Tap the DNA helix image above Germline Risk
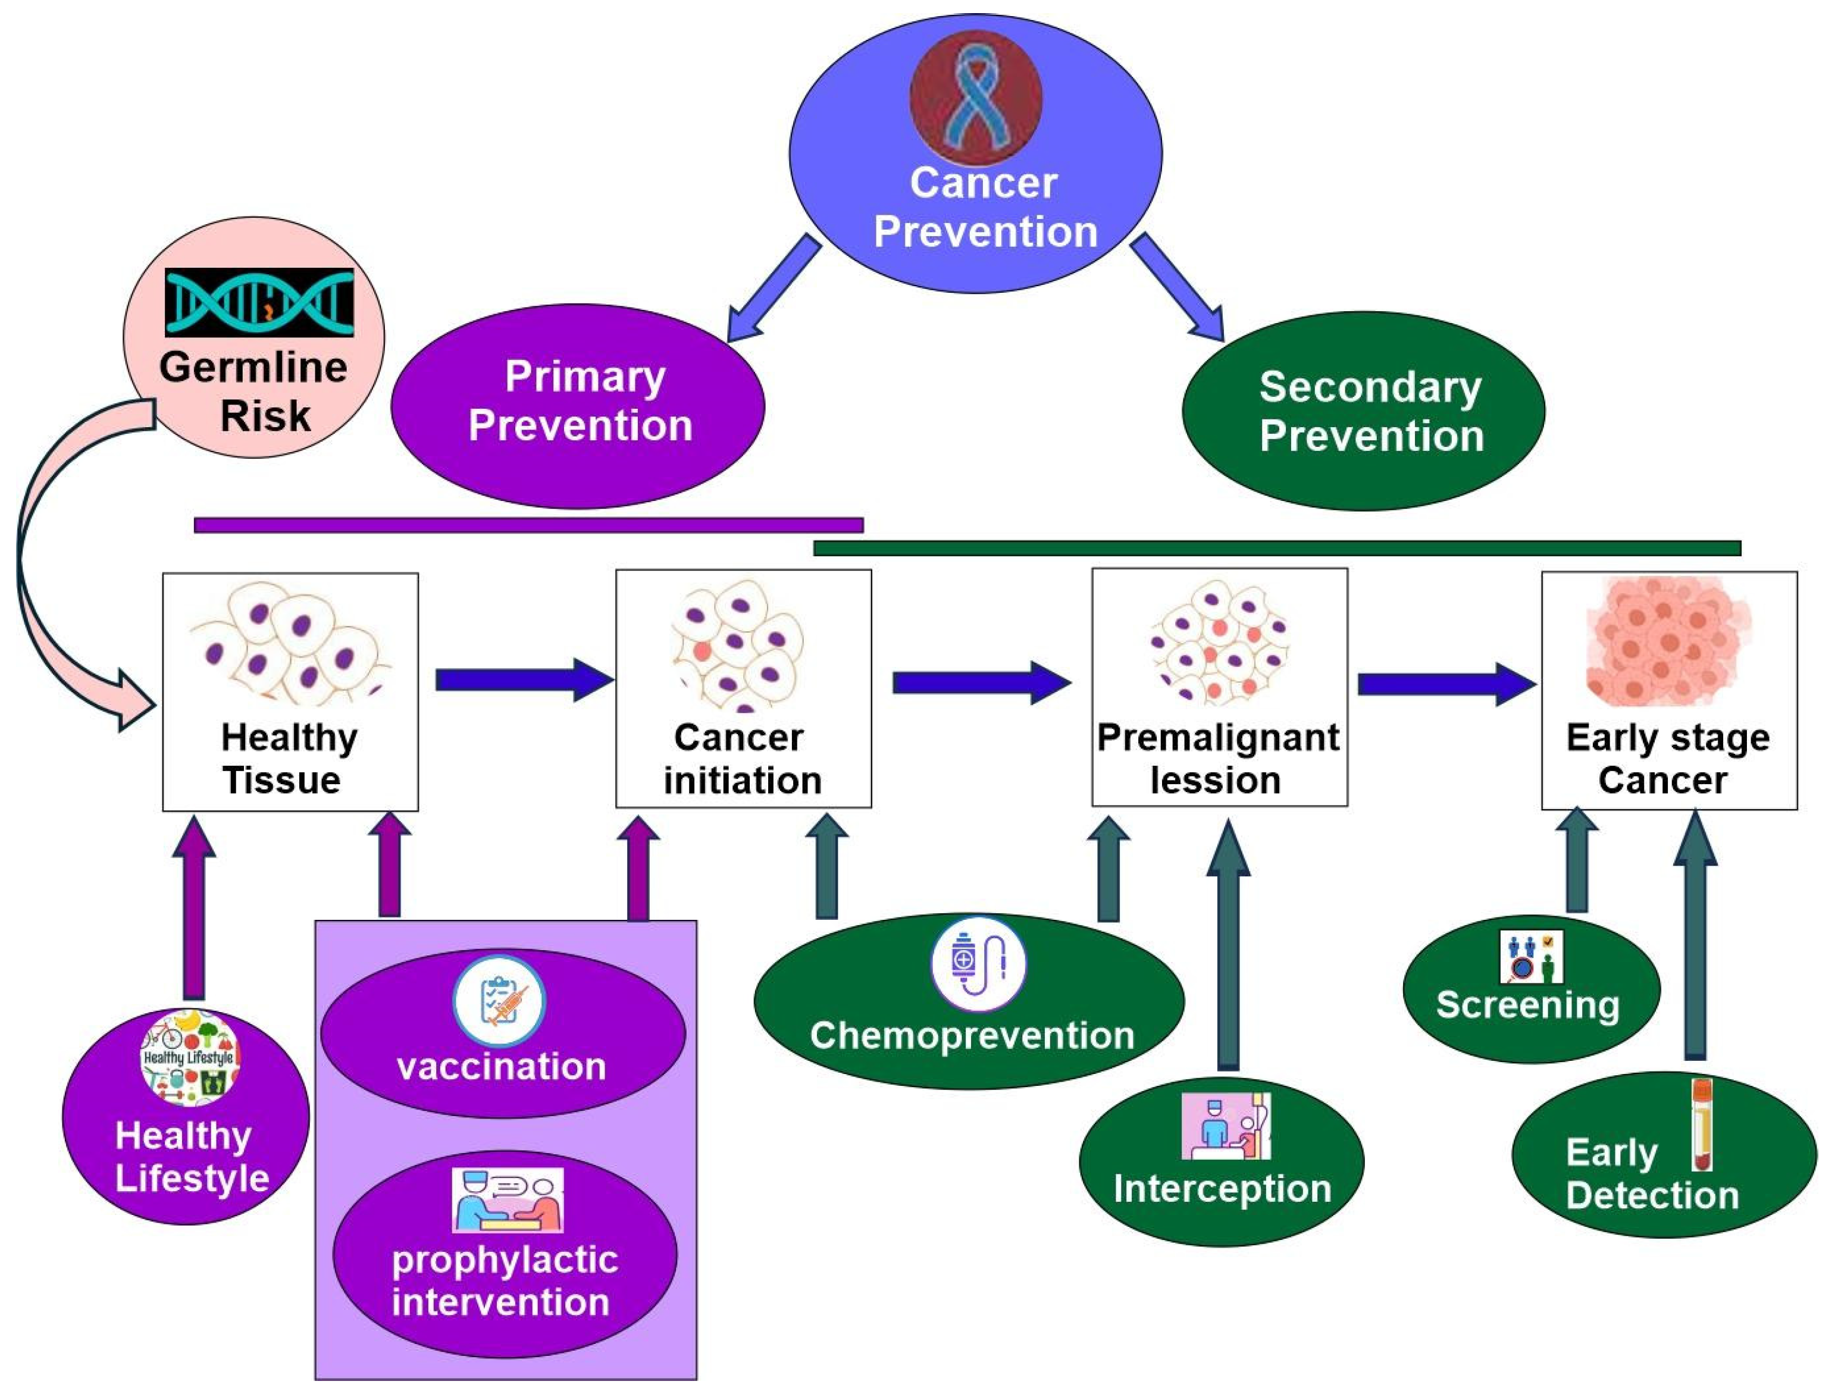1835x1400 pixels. (x=259, y=302)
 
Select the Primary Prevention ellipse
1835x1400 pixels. (x=578, y=405)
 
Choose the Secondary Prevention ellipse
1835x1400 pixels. (x=1363, y=411)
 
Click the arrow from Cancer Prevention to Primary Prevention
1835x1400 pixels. (x=774, y=287)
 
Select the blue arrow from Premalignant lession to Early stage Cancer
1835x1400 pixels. (x=1446, y=684)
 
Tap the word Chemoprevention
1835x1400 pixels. (x=972, y=1036)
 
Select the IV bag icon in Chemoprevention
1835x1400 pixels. (x=978, y=964)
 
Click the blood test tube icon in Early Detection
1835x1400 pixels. (x=1702, y=1125)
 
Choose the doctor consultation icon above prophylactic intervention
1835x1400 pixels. (x=508, y=1201)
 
